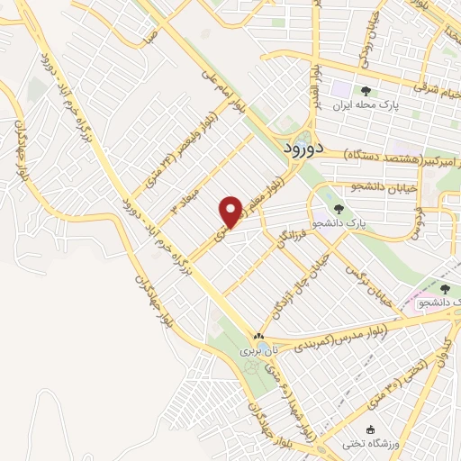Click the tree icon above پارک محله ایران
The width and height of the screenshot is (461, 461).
(366, 91)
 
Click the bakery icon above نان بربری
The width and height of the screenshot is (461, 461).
(259, 335)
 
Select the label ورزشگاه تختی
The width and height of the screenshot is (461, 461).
(366, 443)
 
